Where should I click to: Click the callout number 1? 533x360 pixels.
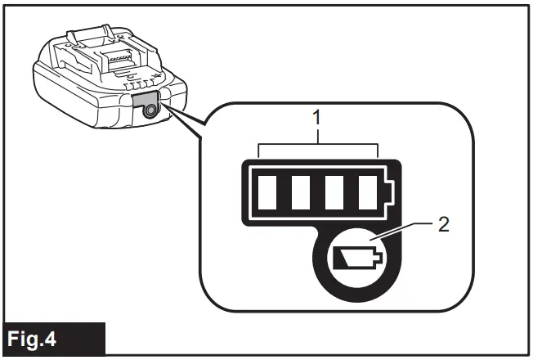(x=318, y=119)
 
